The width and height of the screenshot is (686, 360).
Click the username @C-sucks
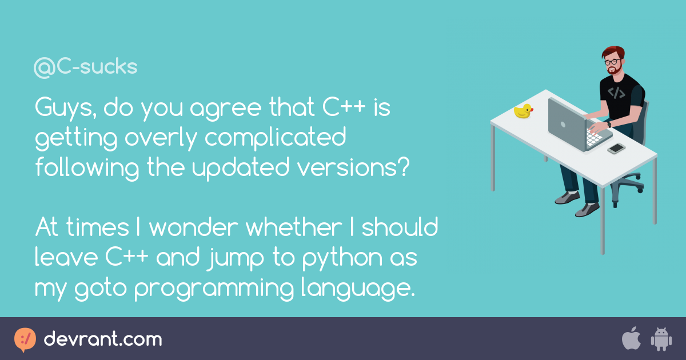(86, 67)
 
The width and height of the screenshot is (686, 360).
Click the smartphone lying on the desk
(616, 148)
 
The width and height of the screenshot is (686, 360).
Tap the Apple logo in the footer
(631, 339)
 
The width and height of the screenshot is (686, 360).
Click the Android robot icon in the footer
(660, 339)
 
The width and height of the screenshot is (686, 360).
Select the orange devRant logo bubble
(25, 339)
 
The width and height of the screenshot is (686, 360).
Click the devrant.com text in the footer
(103, 339)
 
